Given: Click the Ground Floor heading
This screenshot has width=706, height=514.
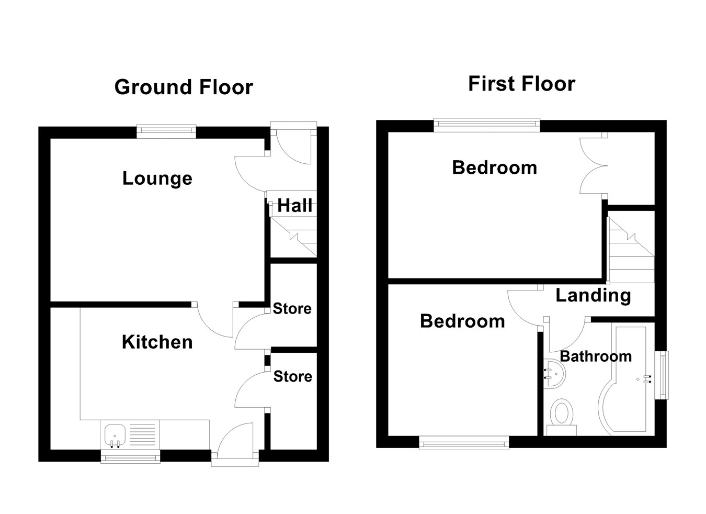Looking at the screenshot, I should pos(184,87).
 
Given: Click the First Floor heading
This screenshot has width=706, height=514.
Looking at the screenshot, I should pos(521,84).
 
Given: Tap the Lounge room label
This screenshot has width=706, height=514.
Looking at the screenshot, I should pos(157,178).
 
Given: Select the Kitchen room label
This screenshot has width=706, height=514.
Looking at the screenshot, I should pos(157,342).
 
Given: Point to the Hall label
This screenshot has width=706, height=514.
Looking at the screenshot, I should pos(295,206).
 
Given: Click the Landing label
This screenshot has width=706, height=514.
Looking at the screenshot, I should pos(593,296).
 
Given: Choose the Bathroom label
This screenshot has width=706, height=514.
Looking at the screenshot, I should pos(596,356).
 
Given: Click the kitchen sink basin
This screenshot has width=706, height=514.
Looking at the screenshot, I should pos(115,434).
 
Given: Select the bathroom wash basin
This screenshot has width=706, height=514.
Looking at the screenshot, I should pos(553,374).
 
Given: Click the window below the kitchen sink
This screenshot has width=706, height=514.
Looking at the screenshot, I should pos(130,457).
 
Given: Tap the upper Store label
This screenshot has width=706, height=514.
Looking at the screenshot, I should pos(292,309).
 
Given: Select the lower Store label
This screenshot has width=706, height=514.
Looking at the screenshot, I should pos(292,376).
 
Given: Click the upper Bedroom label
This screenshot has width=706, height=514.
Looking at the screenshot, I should pos(494,168).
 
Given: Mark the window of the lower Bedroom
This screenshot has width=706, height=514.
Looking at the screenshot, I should pos(464,443).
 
